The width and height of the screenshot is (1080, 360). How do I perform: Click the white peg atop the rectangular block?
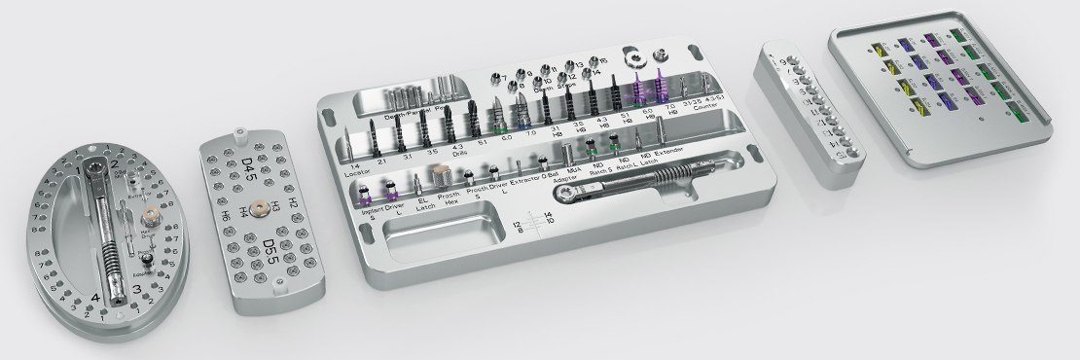[239, 126]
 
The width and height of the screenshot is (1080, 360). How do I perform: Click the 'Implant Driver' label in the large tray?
[381, 207]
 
